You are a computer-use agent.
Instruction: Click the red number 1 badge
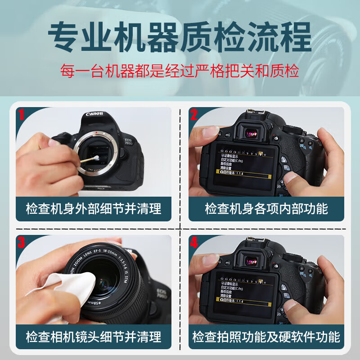coord(21,116)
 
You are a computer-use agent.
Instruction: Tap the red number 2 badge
coord(194,116)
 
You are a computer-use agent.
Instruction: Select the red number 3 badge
coord(22,243)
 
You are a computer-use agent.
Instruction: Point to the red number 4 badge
coord(194,243)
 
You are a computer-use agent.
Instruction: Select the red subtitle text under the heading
coord(180,71)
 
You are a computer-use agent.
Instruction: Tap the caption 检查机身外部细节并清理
coord(94,209)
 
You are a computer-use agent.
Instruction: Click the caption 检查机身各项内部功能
coord(266,209)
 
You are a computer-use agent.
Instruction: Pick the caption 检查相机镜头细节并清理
coord(94,336)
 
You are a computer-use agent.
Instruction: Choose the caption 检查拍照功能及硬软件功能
coord(266,336)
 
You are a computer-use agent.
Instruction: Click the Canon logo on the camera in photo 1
coord(95,114)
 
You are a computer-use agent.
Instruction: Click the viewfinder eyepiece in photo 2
coord(252,132)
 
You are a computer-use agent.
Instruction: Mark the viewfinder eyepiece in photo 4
coord(252,260)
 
